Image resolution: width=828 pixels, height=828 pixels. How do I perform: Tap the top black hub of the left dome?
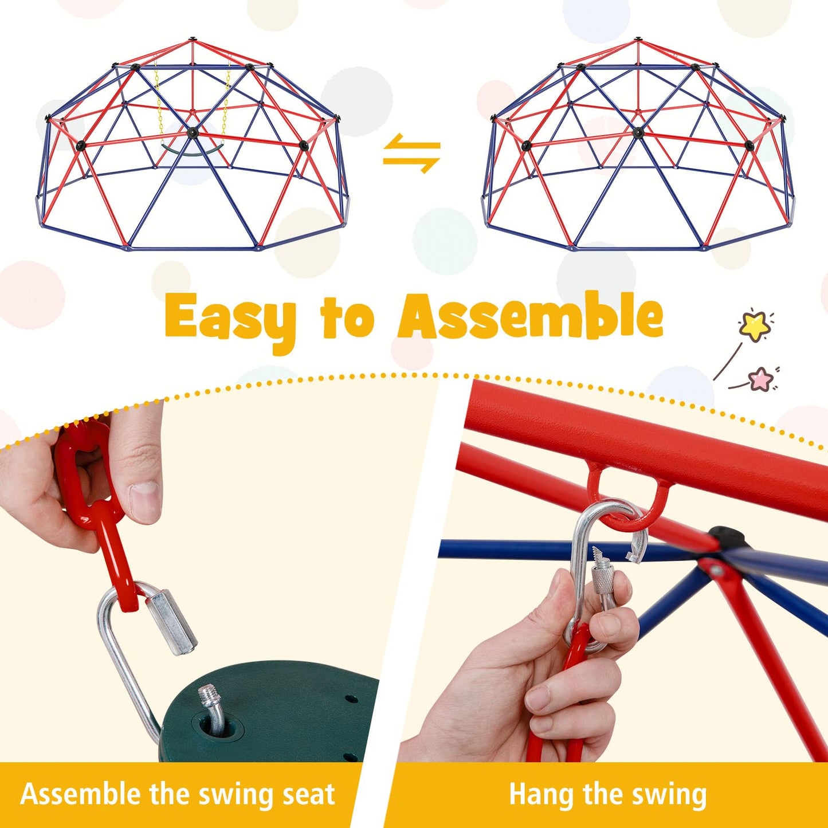pos(193,41)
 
